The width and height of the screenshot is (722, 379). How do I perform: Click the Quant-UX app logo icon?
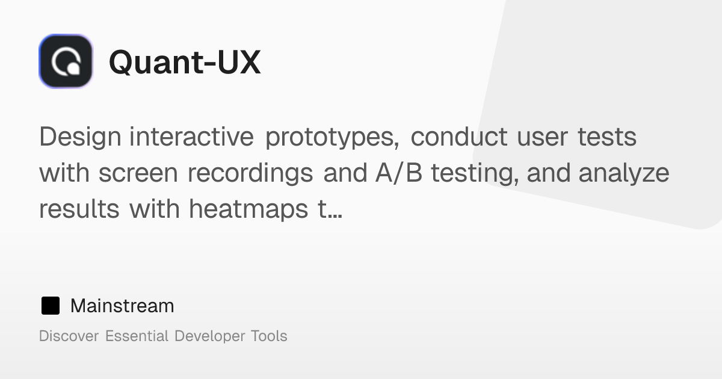[66, 61]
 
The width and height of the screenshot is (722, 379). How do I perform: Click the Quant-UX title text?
[185, 62]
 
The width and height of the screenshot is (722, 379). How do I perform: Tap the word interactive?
[192, 137]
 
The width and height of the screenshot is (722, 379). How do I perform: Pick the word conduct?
[459, 137]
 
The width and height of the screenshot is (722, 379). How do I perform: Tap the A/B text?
[399, 173]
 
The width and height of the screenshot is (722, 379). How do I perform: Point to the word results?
[79, 209]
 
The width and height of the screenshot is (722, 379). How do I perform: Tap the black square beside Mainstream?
[51, 306]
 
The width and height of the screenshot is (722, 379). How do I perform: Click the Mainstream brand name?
[122, 306]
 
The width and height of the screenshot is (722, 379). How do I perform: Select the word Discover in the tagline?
[69, 336]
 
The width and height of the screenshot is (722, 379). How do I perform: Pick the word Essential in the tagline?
[137, 336]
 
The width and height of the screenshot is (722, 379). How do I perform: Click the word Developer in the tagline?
[210, 336]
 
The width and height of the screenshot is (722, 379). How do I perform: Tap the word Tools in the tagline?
[269, 336]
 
